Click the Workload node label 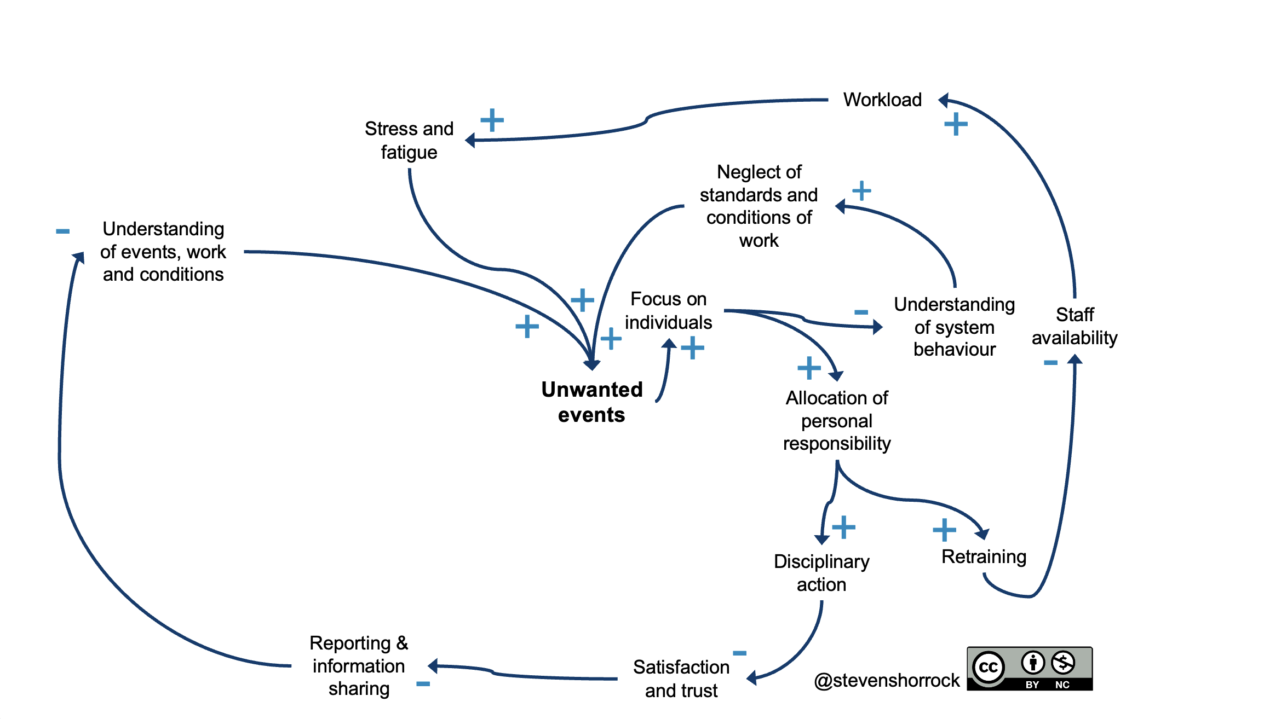click(882, 100)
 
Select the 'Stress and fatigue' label click(409, 140)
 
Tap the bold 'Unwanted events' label click(591, 402)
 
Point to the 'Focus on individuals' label click(668, 310)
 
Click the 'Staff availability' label click(1075, 326)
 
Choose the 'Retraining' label click(984, 556)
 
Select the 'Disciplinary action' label click(821, 573)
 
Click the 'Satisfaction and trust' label click(681, 679)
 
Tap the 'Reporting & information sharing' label click(359, 665)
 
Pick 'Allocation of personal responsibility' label click(837, 420)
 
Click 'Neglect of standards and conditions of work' click(759, 206)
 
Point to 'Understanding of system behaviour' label click(954, 327)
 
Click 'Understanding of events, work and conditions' click(163, 251)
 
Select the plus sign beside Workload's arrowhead click(956, 124)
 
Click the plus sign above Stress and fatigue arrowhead click(492, 120)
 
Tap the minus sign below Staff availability click(1050, 363)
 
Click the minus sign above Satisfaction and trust click(739, 653)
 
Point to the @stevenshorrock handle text click(887, 680)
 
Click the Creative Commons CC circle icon click(988, 667)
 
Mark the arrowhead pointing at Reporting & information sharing click(433, 666)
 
